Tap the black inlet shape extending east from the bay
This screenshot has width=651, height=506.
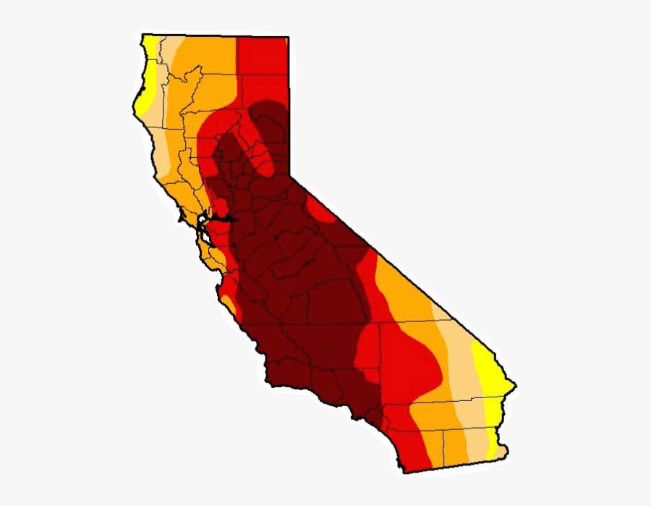click(226, 218)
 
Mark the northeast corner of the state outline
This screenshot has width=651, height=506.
click(288, 37)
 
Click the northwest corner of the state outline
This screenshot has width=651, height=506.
click(142, 34)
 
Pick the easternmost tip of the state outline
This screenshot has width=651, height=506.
click(515, 382)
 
